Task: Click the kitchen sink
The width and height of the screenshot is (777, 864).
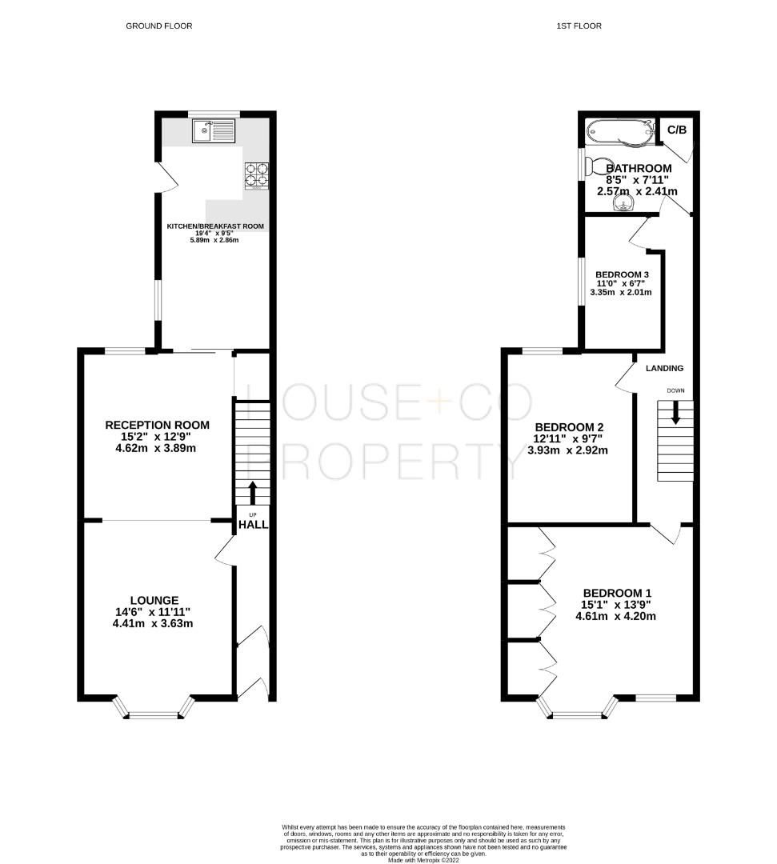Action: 214,130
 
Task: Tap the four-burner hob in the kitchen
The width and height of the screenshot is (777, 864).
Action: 255,175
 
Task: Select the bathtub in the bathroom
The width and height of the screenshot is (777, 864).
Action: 618,131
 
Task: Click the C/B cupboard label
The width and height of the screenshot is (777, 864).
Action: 676,130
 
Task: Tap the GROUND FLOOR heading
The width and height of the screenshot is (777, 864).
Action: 158,26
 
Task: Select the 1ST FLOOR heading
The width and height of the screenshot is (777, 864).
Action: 579,26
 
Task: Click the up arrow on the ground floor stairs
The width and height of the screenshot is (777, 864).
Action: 254,491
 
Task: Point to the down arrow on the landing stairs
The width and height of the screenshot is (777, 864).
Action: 675,412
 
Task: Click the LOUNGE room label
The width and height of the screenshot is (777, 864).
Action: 155,600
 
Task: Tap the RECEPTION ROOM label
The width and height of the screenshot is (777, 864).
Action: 158,425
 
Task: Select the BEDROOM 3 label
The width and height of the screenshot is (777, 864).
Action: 622,274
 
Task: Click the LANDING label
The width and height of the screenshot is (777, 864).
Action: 665,368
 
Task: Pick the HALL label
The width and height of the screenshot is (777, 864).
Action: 253,525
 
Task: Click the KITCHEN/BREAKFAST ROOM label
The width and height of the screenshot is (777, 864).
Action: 215,226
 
